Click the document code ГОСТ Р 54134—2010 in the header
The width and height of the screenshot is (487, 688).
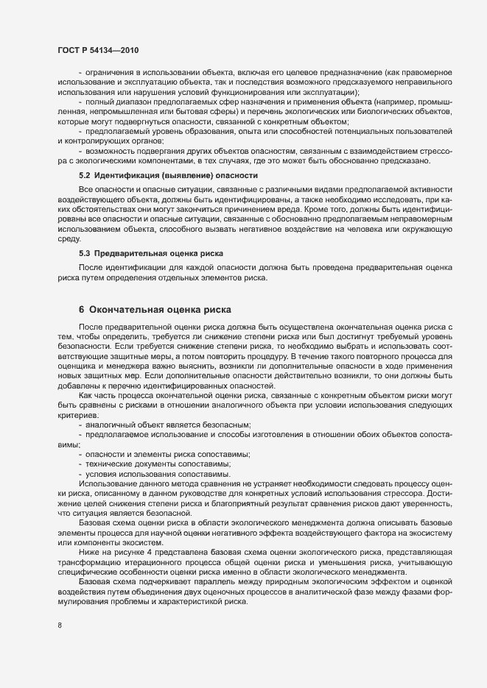[x=97, y=49]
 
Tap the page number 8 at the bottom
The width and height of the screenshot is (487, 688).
[x=60, y=627]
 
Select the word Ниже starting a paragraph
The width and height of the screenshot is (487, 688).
[x=89, y=552]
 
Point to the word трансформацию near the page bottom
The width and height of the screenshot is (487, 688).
[x=87, y=562]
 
